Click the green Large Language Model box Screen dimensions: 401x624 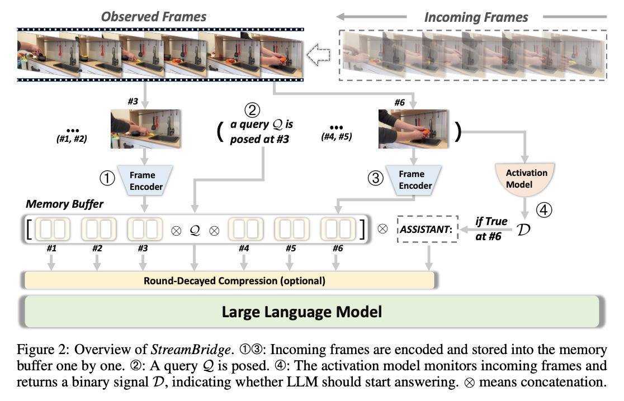pyautogui.click(x=311, y=311)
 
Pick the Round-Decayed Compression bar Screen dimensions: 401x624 pyautogui.click(x=229, y=280)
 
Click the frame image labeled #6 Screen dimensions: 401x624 pyautogui.click(x=414, y=128)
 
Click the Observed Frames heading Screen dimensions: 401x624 pyautogui.click(x=154, y=17)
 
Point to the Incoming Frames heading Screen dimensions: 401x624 pyautogui.click(x=476, y=17)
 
